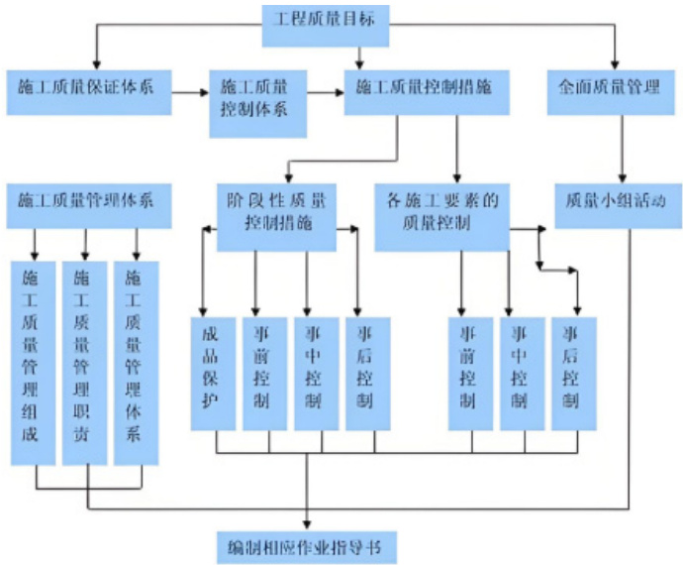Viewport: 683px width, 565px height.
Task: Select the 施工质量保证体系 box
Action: [86, 87]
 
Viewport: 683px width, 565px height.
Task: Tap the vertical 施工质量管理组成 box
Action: [36, 362]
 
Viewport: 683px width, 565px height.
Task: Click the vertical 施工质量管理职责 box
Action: [86, 362]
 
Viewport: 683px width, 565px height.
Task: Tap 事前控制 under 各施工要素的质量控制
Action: [470, 374]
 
